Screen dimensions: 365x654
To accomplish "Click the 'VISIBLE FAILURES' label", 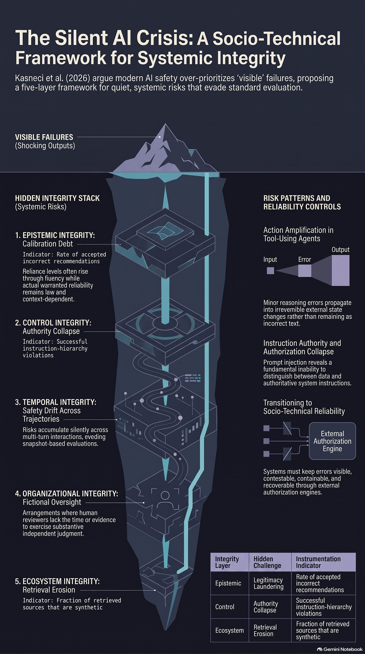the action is tap(44, 137).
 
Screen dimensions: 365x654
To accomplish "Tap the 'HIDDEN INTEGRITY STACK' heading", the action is tap(57, 198).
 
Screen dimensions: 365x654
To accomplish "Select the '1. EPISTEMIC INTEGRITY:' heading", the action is tap(55, 235).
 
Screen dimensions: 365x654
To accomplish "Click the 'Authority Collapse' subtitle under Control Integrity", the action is tap(51, 331).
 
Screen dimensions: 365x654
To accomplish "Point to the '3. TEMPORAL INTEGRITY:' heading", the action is tap(56, 402).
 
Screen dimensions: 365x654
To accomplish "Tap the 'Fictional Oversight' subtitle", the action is tap(52, 502).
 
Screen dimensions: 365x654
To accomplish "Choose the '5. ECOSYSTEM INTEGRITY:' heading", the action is tap(57, 581).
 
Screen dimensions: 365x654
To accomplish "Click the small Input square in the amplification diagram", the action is tap(271, 271).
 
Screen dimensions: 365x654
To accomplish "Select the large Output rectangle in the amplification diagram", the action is tap(341, 270).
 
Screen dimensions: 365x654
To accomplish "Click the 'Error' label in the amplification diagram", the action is tap(305, 260).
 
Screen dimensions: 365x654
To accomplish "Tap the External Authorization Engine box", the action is tap(332, 441).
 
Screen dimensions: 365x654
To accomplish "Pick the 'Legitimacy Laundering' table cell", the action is tap(269, 583).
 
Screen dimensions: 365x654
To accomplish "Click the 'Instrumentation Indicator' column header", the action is tap(318, 562).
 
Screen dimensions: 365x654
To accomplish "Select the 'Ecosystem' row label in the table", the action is tap(230, 630).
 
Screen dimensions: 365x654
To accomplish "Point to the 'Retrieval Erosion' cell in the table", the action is tap(265, 630).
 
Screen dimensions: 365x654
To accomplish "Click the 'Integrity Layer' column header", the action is tap(227, 562).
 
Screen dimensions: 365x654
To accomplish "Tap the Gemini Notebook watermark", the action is tap(340, 649).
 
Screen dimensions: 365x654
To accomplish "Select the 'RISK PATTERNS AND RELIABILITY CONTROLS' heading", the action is tap(302, 202).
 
